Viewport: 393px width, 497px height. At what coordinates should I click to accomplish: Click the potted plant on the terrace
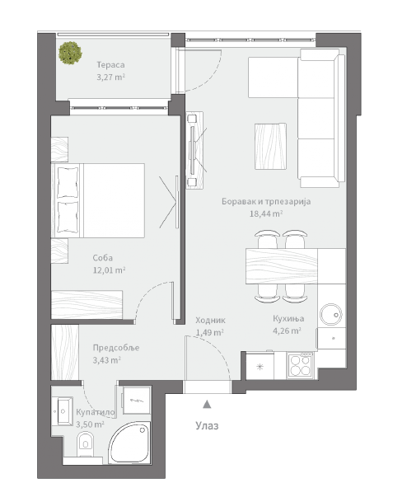click(70, 53)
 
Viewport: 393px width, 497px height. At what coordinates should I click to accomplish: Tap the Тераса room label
click(110, 65)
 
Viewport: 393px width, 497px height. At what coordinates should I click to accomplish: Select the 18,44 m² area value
click(266, 213)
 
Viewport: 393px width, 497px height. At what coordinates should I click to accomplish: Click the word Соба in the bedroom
click(103, 258)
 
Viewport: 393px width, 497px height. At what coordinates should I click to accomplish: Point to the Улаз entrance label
click(207, 425)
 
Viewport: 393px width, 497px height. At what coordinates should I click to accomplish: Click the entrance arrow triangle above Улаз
click(207, 404)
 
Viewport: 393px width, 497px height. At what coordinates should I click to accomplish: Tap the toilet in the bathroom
click(86, 444)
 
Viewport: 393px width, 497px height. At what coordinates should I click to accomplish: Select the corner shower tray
click(130, 443)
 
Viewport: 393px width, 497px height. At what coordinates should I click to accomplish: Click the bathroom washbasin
click(65, 410)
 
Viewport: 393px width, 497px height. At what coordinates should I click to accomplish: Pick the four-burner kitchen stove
click(300, 366)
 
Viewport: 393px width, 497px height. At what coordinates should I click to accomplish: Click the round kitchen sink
click(331, 315)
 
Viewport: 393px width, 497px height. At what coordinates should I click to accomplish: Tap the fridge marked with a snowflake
click(260, 367)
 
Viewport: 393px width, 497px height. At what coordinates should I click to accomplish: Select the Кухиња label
click(288, 318)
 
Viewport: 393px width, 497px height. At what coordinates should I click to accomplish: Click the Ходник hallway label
click(210, 320)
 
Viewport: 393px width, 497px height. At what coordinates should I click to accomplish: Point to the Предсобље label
click(116, 348)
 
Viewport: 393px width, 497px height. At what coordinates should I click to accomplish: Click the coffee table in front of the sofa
click(271, 146)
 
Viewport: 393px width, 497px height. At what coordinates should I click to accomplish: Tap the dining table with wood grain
click(282, 266)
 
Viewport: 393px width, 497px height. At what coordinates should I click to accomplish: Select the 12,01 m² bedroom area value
click(109, 270)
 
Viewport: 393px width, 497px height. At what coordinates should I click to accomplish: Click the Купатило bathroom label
click(95, 412)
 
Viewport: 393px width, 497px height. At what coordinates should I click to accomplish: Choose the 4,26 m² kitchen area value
click(287, 331)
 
